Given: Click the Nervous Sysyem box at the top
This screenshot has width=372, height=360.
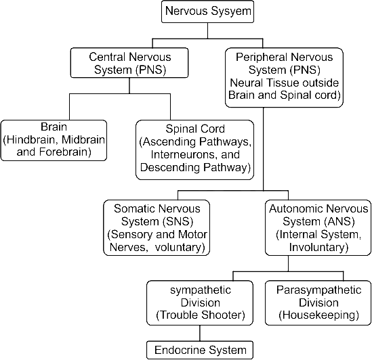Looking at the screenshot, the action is pos(207,12).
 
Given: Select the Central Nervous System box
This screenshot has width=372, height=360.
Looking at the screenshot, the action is pos(129,63).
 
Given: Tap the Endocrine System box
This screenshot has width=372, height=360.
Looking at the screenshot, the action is pos(200,350).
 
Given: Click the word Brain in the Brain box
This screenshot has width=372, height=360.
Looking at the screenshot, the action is pos(54,127).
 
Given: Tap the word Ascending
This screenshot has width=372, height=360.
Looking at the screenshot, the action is pos(169,141).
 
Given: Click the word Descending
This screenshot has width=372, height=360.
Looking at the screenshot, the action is pos(170,167).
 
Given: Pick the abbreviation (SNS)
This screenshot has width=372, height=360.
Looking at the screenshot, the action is pos(178,221).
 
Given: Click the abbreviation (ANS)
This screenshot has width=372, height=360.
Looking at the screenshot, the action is pos(339,221).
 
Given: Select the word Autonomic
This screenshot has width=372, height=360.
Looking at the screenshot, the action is pos(295,208).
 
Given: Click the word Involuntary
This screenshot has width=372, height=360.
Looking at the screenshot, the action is pos(316,247).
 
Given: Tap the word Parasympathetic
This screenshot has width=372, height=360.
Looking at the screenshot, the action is pos(318,290).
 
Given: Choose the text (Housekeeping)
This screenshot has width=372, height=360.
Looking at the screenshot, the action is pos(318,315).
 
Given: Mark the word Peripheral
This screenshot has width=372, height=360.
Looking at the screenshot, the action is pos(262,57).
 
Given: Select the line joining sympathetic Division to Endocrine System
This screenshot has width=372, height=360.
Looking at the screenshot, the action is pos(200,333).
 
